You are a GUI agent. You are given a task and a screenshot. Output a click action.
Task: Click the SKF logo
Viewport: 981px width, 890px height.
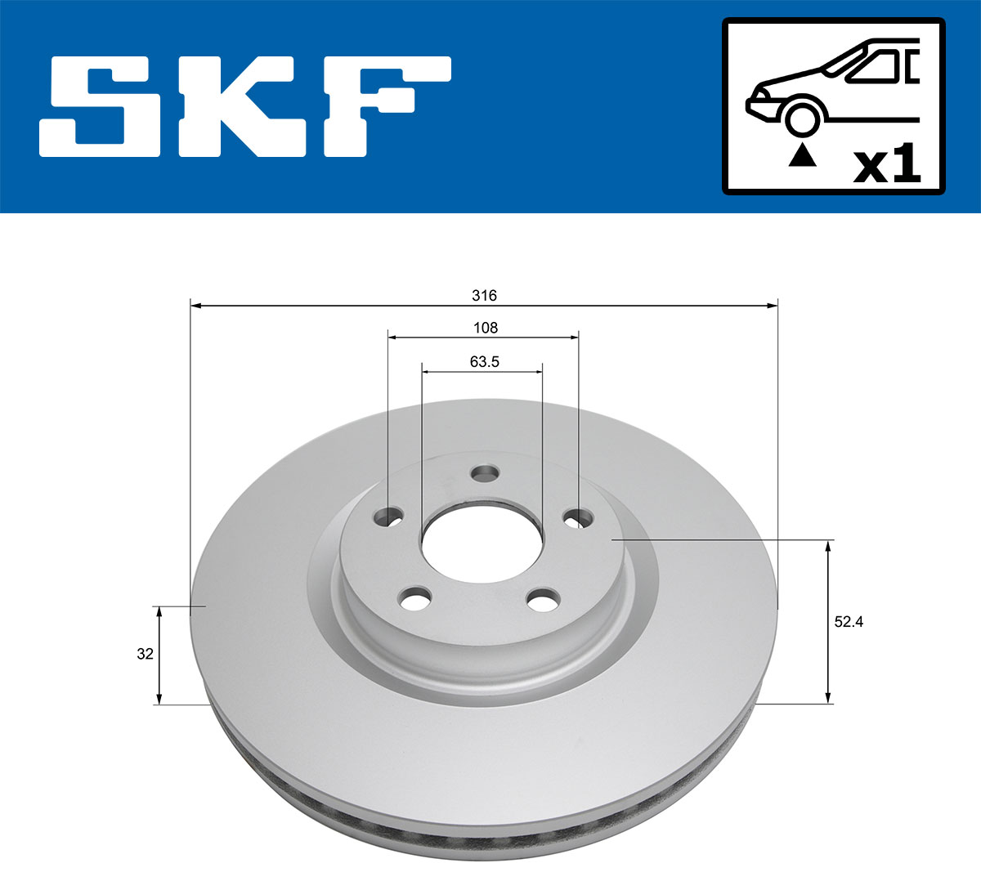tap(245, 106)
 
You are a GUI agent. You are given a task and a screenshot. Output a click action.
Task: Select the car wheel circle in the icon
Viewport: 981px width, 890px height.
tap(802, 118)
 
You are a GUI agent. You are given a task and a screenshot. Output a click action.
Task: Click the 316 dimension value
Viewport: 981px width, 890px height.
tap(485, 295)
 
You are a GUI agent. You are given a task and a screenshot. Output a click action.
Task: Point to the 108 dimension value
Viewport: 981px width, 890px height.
tap(485, 328)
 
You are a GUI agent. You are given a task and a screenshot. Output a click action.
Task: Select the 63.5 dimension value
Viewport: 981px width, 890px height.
tap(484, 361)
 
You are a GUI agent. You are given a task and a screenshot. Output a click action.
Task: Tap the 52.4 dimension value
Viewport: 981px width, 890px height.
tap(849, 621)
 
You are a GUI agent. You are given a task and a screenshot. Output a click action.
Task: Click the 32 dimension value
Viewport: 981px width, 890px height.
tap(145, 654)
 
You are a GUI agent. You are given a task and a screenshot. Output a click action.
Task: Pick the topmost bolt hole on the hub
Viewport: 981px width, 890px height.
tap(486, 473)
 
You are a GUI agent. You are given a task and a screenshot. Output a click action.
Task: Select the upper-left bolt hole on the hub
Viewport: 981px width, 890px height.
tap(387, 517)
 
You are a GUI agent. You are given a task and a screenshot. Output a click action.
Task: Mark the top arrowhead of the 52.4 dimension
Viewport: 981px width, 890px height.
tap(829, 545)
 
